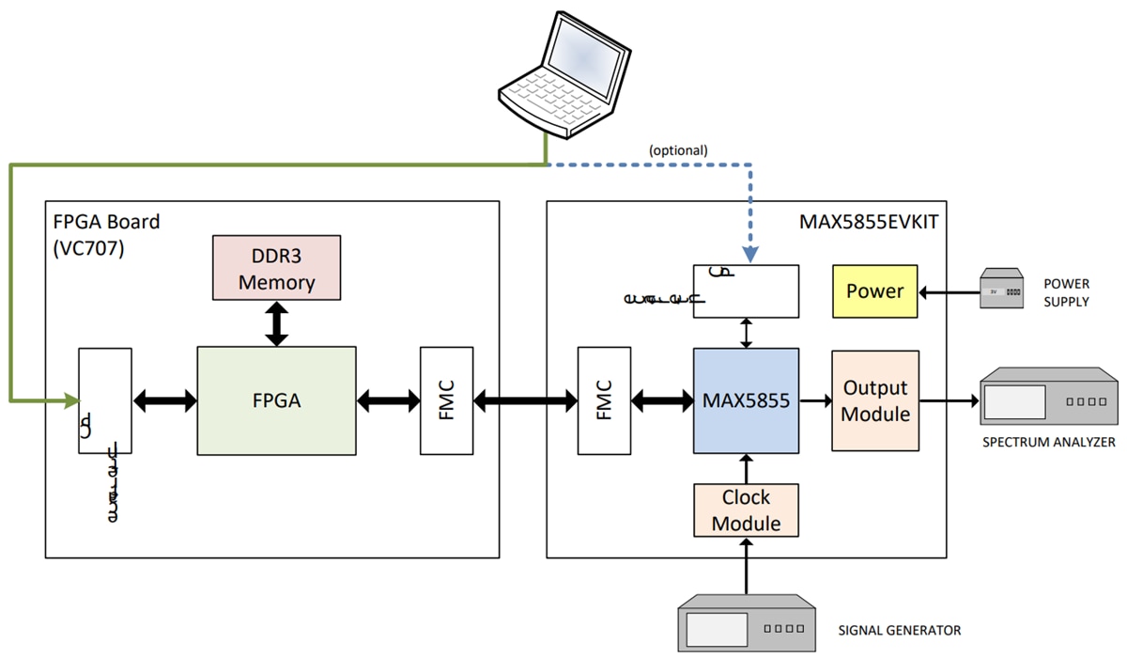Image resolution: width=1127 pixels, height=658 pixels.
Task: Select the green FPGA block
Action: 276,400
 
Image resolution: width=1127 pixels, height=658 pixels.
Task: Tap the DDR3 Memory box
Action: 276,268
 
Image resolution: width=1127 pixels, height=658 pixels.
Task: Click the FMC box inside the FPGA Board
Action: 446,400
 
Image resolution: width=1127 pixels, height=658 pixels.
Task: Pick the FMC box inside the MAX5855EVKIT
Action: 604,400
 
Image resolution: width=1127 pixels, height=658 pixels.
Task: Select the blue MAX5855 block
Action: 746,400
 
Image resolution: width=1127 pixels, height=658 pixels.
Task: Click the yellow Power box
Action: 873,290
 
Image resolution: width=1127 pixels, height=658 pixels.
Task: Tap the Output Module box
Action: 874,400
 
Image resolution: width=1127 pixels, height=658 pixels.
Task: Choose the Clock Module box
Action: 746,510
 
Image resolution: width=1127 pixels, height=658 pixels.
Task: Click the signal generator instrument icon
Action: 748,623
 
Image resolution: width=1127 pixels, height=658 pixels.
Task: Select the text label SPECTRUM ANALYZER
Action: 1048,442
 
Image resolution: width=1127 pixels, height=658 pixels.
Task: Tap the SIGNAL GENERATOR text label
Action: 899,630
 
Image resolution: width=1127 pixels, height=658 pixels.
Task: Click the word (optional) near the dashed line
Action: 678,149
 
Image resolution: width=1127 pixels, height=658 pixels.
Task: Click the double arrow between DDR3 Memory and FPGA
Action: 276,323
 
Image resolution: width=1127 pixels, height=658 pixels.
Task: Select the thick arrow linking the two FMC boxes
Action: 525,401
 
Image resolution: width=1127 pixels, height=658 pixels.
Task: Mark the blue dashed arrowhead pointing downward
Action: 749,254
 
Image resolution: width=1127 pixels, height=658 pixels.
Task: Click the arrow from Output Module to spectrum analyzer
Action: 949,401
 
